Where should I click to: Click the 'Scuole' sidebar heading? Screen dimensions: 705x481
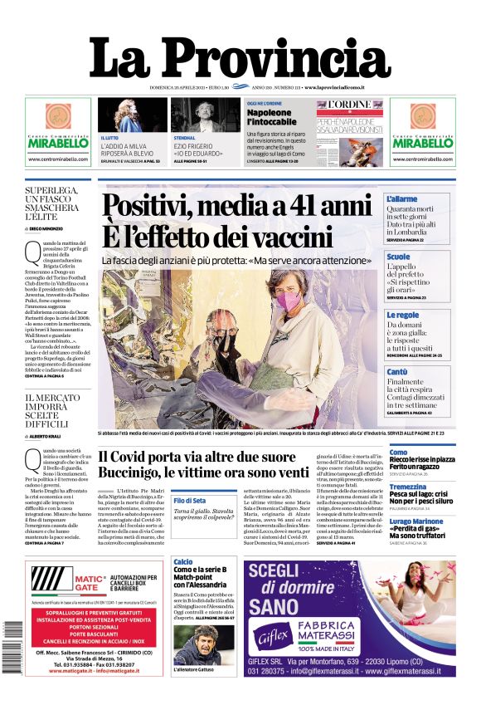pyautogui.click(x=398, y=257)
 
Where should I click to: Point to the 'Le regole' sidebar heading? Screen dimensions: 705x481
pyautogui.click(x=402, y=315)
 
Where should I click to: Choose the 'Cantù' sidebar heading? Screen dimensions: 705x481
pyautogui.click(x=397, y=371)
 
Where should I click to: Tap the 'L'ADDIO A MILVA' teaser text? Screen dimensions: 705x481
pyautogui.click(x=128, y=145)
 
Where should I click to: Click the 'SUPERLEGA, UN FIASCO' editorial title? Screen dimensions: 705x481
pyautogui.click(x=58, y=203)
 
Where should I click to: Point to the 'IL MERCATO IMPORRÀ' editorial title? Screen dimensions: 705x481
pyautogui.click(x=58, y=410)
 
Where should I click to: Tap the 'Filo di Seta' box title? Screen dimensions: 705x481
pyautogui.click(x=189, y=500)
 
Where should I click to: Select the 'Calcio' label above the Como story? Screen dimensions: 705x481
pyautogui.click(x=183, y=562)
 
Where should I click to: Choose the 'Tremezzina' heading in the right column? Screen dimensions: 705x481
pyautogui.click(x=408, y=487)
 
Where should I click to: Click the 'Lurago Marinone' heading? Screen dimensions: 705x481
pyautogui.click(x=416, y=521)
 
